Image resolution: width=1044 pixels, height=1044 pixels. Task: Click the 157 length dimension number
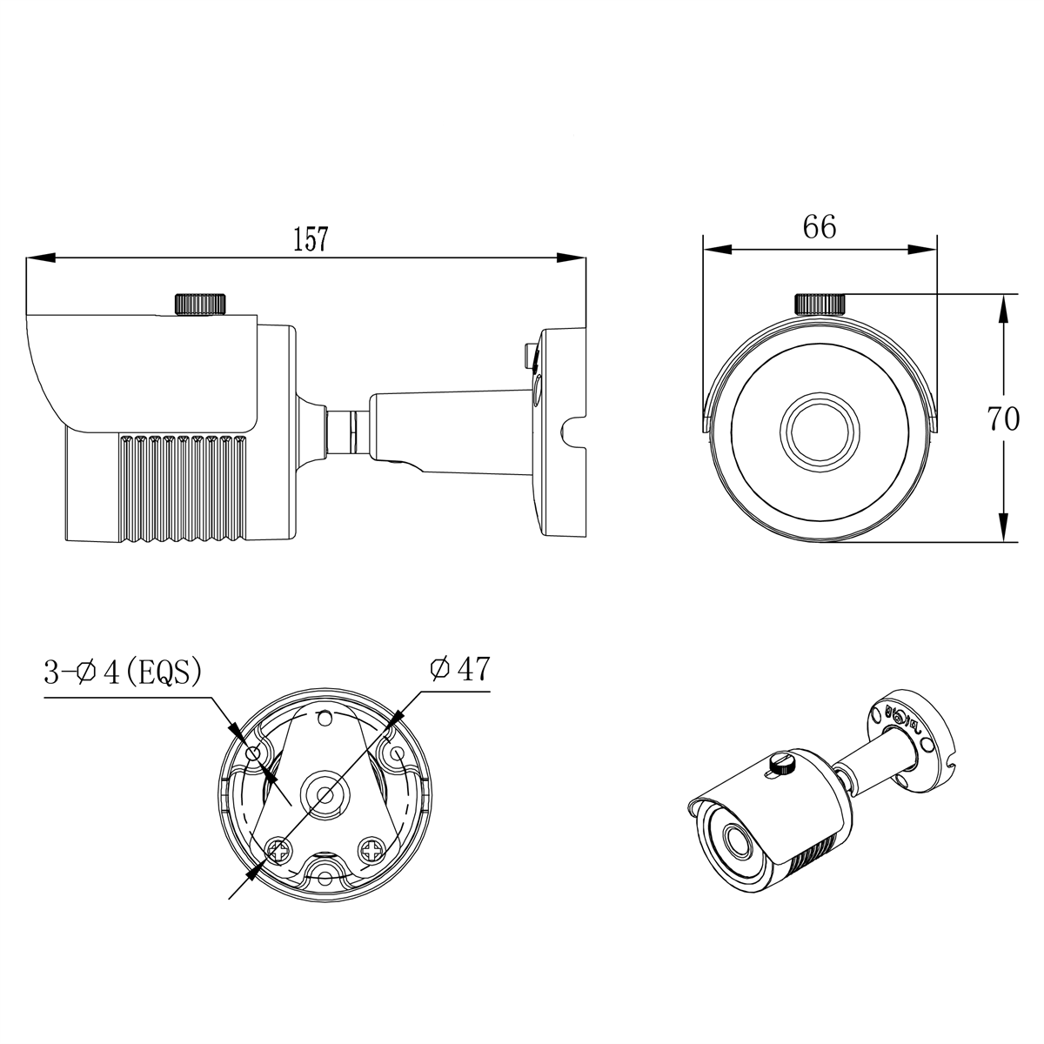pos(311,239)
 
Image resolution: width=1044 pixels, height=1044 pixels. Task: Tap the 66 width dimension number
pos(820,227)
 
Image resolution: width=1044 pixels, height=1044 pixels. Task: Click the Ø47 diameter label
pos(459,669)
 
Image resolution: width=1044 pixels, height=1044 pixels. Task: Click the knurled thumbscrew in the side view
pos(201,304)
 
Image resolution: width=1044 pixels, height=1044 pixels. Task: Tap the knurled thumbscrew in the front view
pos(820,304)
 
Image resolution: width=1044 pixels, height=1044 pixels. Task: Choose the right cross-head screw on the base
pos(372,848)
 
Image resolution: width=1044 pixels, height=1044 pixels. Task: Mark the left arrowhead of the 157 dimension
pos(40,258)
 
